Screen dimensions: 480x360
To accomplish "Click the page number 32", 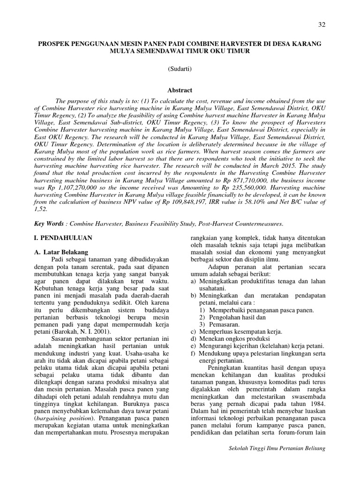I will pos(321,24).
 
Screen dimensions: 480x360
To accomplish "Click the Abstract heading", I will pos(180,90).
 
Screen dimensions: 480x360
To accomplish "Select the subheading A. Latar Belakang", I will pos(61,252).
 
